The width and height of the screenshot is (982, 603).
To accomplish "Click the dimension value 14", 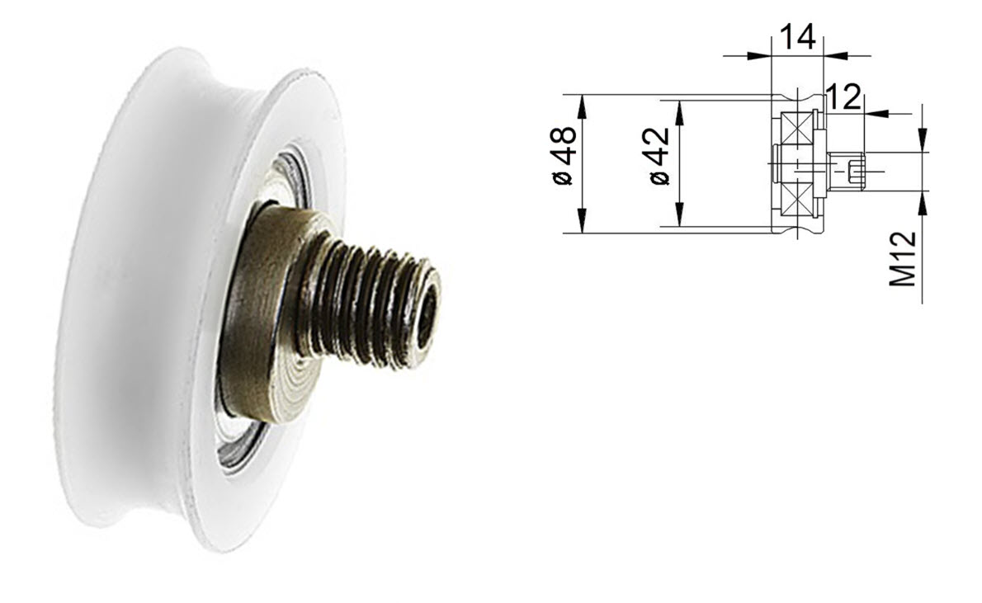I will [797, 36].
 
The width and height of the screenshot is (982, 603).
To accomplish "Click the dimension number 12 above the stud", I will [843, 98].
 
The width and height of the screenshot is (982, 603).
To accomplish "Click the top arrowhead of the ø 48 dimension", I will [583, 102].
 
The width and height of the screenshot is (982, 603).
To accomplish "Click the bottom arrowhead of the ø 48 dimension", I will [583, 224].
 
